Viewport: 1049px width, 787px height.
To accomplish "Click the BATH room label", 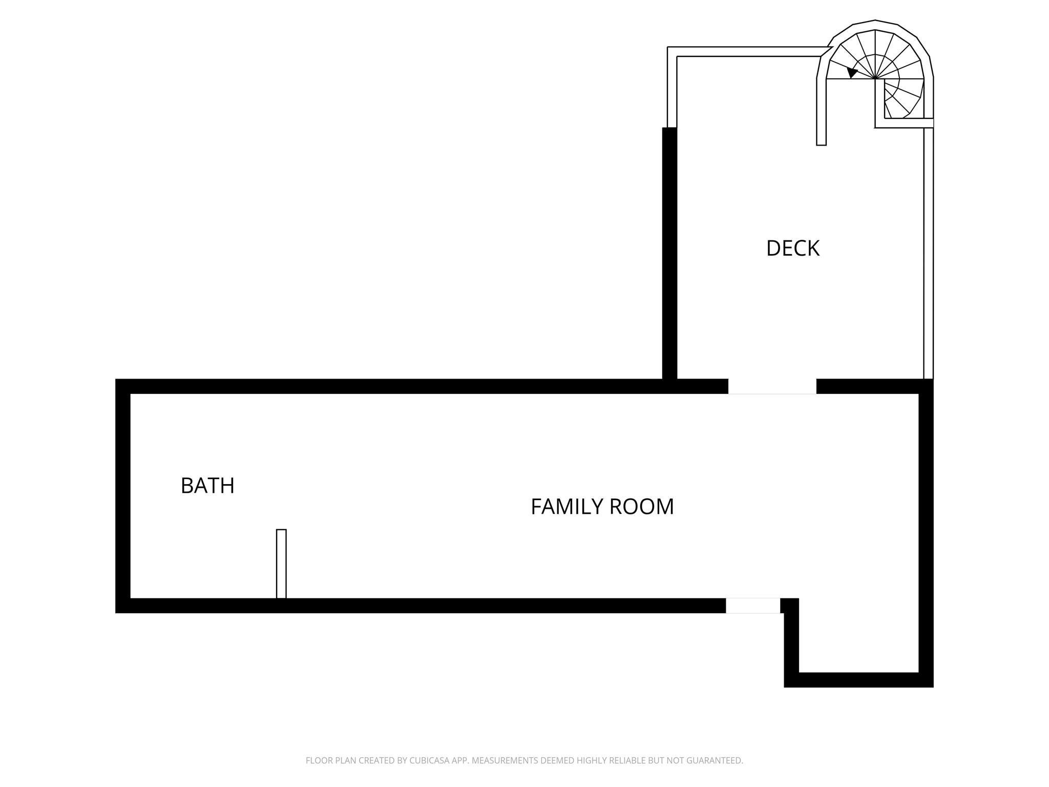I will pyautogui.click(x=207, y=486).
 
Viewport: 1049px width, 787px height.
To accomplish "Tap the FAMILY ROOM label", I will pyautogui.click(x=602, y=507).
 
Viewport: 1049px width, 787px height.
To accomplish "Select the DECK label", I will pyautogui.click(x=792, y=248).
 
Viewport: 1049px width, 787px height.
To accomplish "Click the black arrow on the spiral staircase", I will pyautogui.click(x=852, y=72).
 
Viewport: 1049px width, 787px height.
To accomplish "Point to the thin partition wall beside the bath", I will pyautogui.click(x=281, y=564).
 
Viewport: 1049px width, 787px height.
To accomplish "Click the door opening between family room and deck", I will pyautogui.click(x=772, y=387).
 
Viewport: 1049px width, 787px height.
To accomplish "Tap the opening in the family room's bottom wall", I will pyautogui.click(x=752, y=606).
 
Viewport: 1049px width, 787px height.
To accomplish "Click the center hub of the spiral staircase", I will pyautogui.click(x=875, y=79).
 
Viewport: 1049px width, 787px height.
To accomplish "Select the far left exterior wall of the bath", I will pyautogui.click(x=123, y=496).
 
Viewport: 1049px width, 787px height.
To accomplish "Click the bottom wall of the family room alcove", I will pyautogui.click(x=858, y=680).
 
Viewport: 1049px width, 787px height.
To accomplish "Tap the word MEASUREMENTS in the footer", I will pyautogui.click(x=505, y=761).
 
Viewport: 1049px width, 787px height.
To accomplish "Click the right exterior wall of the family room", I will pyautogui.click(x=926, y=533).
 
